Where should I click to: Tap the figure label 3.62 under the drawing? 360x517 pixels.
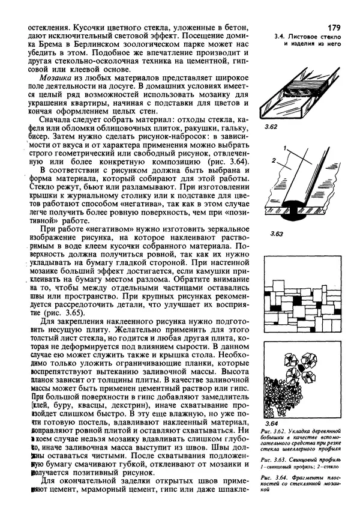coord(271,127)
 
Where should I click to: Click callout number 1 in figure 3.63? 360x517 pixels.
coord(304,148)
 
